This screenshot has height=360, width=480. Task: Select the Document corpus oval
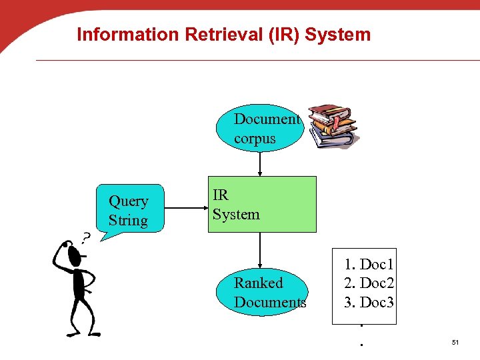(260, 129)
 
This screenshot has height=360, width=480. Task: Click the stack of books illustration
(331, 125)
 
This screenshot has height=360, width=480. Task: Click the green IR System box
(262, 204)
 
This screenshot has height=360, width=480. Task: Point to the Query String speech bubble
(131, 209)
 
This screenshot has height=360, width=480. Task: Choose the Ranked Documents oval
(262, 292)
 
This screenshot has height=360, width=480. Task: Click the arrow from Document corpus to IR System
(260, 164)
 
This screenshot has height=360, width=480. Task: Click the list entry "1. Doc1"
(369, 265)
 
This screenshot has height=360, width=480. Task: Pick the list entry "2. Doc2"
(369, 283)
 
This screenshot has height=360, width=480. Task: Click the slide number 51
(455, 342)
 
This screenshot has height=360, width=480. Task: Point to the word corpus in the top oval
(255, 139)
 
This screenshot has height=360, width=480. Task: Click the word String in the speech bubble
(128, 220)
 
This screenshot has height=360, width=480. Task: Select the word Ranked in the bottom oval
(259, 283)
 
